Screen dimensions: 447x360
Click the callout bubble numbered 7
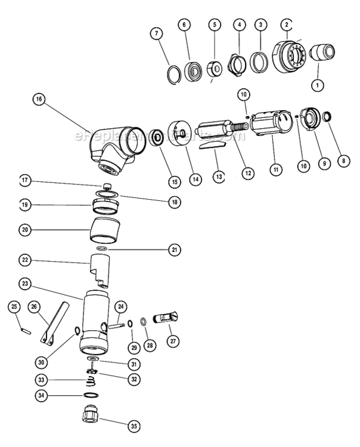coord(157,33)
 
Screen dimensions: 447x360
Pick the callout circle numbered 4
coord(240,25)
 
